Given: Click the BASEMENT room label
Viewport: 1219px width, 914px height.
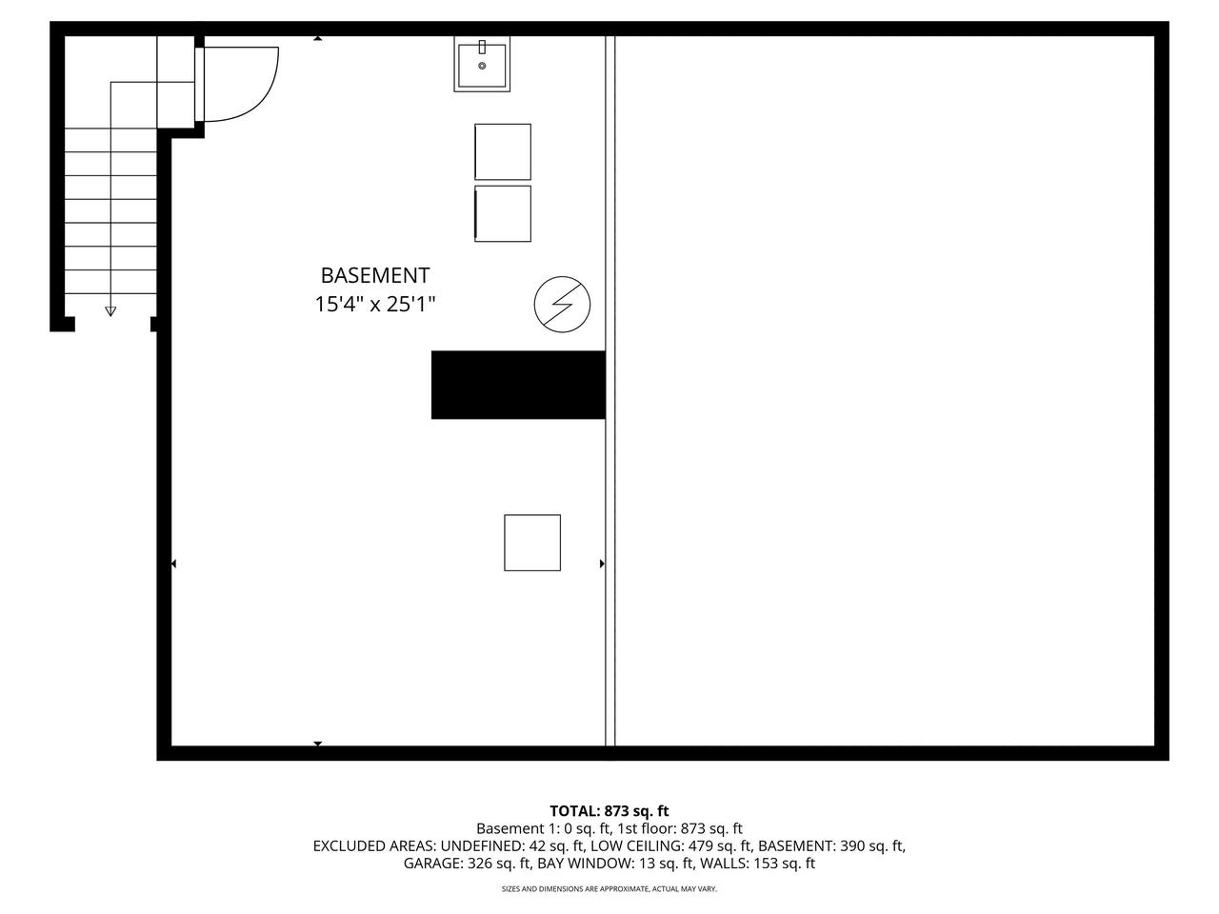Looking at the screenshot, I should tap(375, 276).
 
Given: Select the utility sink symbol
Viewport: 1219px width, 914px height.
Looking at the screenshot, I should tap(482, 65).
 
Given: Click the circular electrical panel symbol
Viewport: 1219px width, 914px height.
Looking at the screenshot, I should tap(562, 305).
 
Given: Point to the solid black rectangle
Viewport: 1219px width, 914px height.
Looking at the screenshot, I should tap(518, 385).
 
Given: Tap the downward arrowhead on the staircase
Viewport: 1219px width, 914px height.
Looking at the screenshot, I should tap(110, 310).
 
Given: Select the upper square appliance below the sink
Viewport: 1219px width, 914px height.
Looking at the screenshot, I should tap(503, 151).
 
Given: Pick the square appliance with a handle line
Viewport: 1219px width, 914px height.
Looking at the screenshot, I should tap(503, 213).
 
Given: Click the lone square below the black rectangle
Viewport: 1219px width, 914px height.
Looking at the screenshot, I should tap(532, 543).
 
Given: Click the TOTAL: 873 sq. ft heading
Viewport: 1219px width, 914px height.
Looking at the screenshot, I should tap(609, 811).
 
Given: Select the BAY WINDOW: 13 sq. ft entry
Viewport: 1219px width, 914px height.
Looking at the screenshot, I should tap(615, 864).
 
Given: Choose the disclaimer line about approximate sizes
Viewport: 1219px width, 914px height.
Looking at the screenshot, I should tap(609, 889).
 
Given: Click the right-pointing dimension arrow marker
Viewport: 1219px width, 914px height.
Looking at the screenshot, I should tap(602, 564).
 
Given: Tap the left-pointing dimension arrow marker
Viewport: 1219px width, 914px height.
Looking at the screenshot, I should tap(173, 564).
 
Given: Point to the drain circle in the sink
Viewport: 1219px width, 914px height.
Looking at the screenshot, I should tap(482, 66).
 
